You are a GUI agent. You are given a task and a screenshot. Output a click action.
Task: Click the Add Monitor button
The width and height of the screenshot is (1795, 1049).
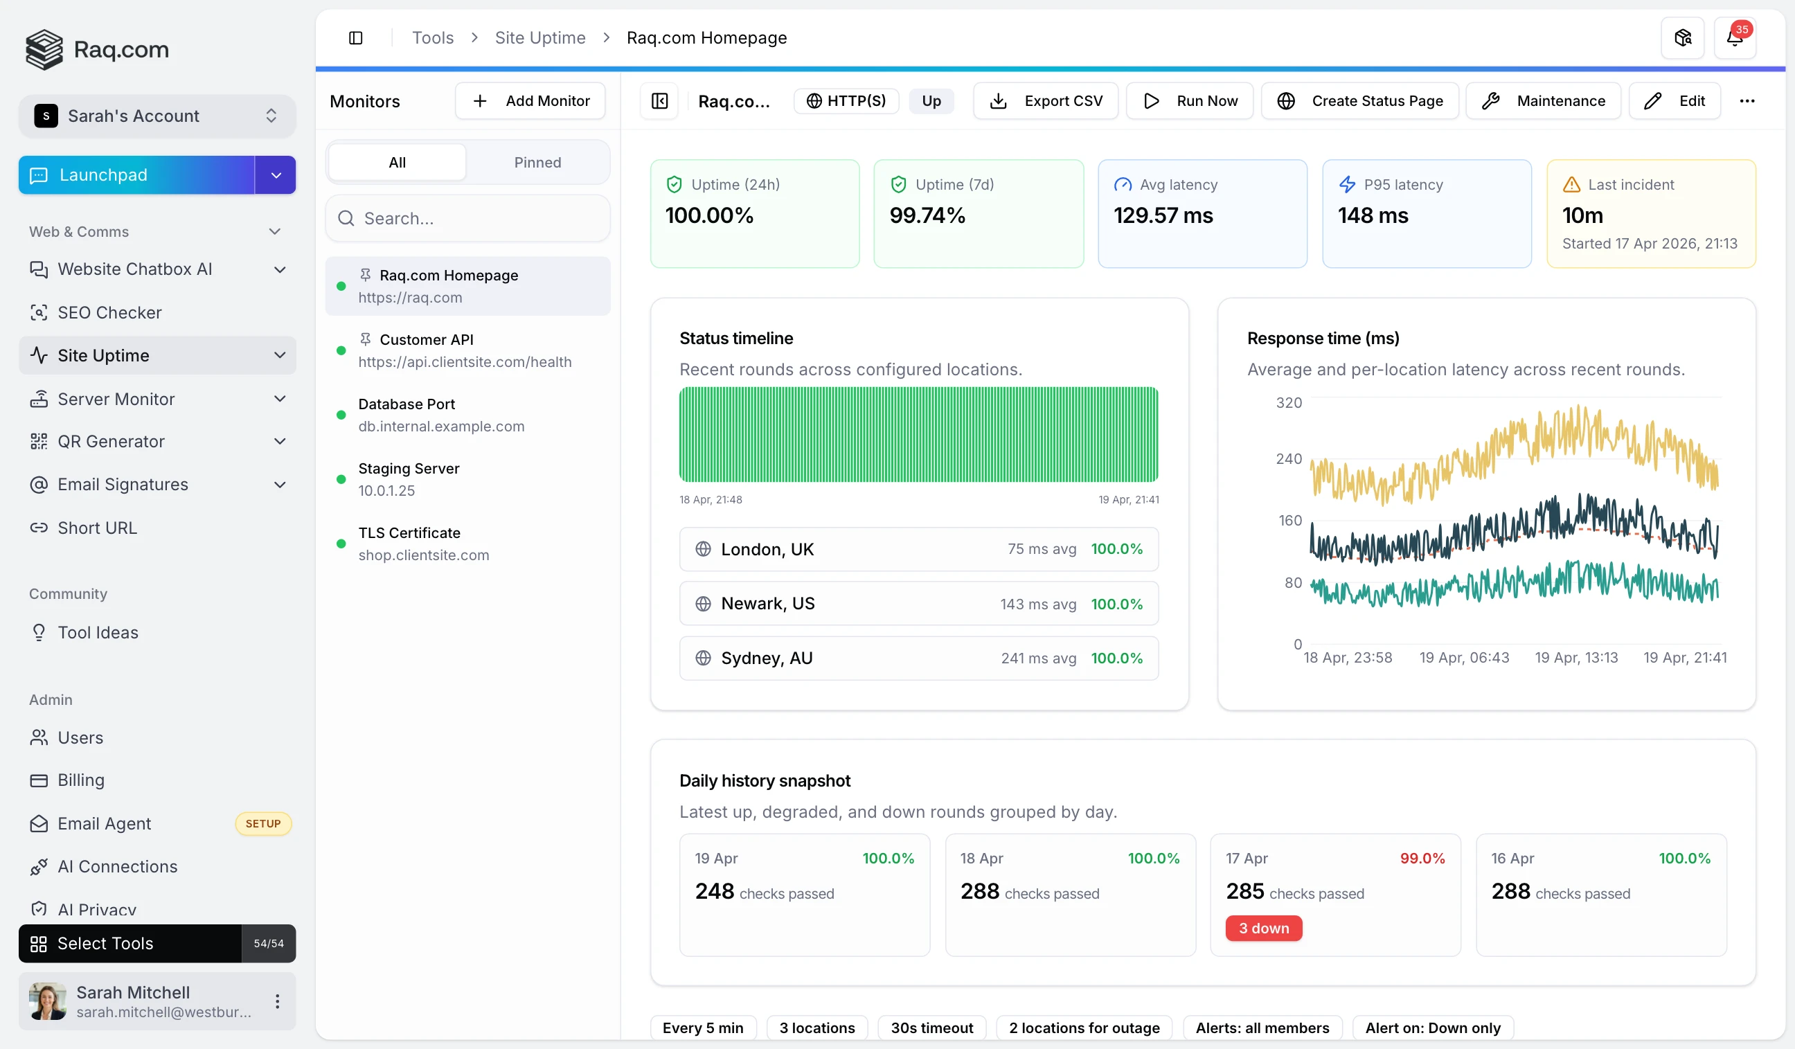[x=530, y=101]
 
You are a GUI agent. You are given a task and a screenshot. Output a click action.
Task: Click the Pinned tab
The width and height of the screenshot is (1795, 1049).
[x=537, y=163]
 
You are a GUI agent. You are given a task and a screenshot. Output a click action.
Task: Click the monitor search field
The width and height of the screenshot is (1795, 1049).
[x=468, y=219]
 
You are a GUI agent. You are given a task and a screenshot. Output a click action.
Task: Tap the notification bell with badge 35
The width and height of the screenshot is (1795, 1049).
[x=1734, y=38]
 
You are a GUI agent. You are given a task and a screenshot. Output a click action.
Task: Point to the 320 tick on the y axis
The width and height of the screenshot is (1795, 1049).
[x=1289, y=403]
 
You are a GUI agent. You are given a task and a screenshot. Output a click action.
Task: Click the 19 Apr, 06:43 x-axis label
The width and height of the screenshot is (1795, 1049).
[x=1464, y=657]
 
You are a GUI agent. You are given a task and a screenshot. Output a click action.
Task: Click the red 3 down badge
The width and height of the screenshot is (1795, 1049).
[x=1264, y=928]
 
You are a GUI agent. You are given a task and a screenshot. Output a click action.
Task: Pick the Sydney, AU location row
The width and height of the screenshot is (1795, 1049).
[x=918, y=658]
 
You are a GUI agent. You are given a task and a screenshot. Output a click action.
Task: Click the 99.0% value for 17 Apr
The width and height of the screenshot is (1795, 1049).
[x=1422, y=858]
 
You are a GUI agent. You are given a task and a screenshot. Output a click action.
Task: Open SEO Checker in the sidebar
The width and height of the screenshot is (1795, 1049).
[x=109, y=313]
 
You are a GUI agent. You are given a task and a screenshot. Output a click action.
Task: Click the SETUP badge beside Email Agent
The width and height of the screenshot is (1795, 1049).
[x=263, y=823]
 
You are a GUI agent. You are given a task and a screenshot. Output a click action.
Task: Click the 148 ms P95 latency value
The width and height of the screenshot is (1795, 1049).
[x=1373, y=216]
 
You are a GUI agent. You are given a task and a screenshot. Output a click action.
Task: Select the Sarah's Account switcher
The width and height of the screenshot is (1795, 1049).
[x=157, y=116]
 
